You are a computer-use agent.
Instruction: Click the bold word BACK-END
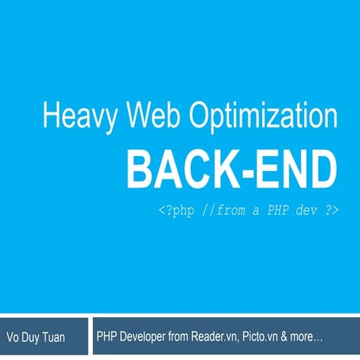click(x=232, y=170)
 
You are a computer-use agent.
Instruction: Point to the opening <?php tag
click(x=175, y=210)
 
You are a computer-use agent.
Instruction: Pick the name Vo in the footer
click(x=13, y=337)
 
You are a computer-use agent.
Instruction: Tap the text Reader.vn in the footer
click(x=212, y=337)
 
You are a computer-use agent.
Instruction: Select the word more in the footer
click(x=307, y=337)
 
